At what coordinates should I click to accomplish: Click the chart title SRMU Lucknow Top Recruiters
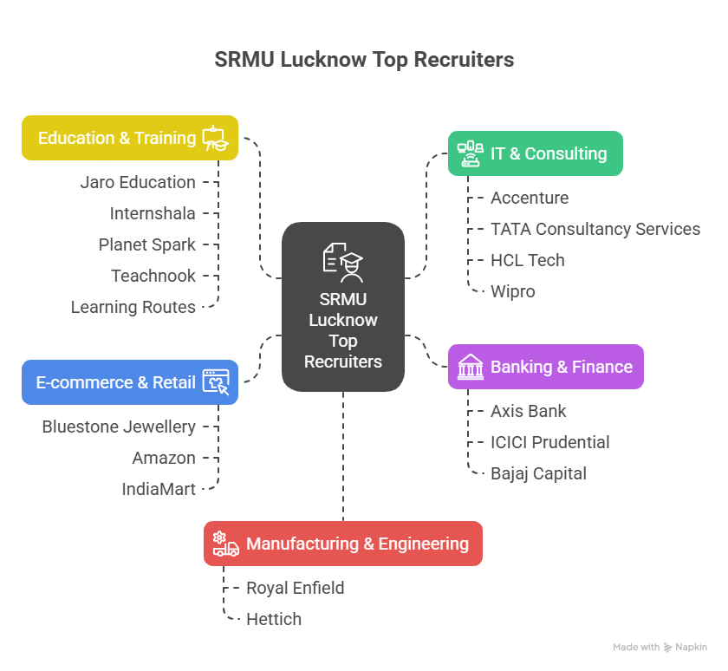(x=364, y=60)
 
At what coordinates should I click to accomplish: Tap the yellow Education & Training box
(x=130, y=138)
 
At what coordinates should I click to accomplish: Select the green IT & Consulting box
(x=535, y=153)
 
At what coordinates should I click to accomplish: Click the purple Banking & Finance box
(x=545, y=367)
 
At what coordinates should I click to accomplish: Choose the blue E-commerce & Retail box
(x=129, y=382)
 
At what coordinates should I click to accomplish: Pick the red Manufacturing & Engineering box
(x=342, y=544)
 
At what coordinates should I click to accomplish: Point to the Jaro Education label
(x=138, y=182)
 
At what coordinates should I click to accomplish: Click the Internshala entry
(x=153, y=213)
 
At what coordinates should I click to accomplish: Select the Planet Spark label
(x=147, y=244)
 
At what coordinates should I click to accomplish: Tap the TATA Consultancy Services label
(x=595, y=229)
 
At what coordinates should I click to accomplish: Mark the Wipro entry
(x=513, y=291)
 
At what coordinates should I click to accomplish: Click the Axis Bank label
(x=529, y=411)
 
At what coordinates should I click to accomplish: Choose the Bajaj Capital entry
(x=538, y=473)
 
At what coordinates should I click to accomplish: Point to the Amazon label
(x=164, y=458)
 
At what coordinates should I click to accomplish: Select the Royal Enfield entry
(x=296, y=588)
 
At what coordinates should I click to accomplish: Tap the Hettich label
(x=274, y=619)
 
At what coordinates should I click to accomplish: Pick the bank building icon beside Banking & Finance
(x=471, y=367)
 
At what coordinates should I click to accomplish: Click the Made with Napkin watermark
(x=660, y=647)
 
